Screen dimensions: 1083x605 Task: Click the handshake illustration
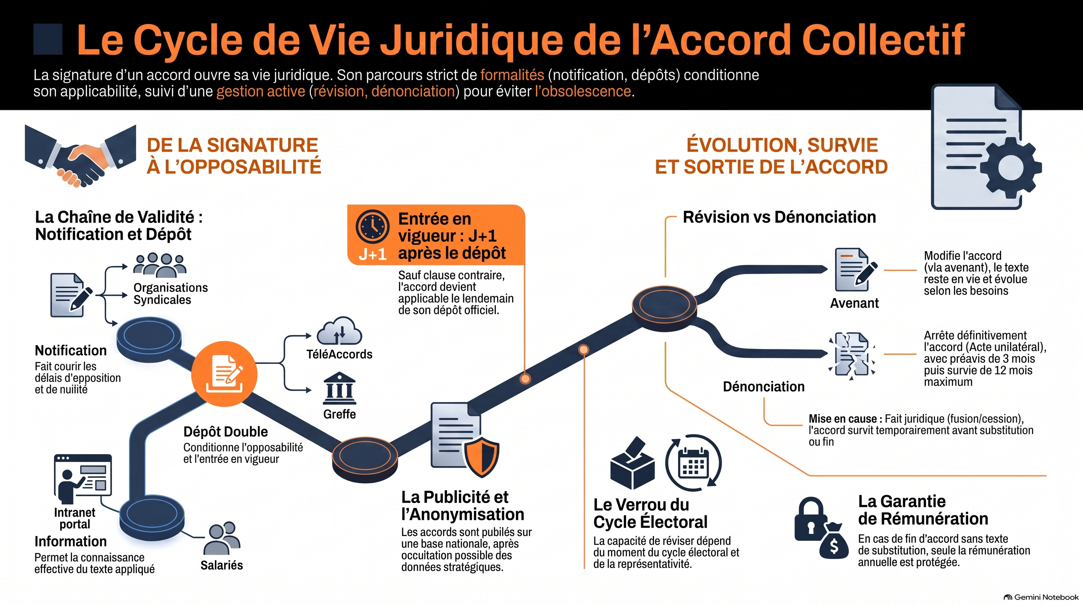tap(80, 156)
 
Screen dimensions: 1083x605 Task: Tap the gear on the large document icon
tap(1011, 167)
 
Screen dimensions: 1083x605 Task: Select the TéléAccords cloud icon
tap(339, 331)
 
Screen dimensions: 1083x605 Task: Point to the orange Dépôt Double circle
tap(224, 374)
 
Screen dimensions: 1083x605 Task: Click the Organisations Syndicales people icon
tap(160, 265)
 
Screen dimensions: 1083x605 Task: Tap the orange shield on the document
tap(481, 457)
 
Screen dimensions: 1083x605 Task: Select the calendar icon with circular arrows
tap(693, 463)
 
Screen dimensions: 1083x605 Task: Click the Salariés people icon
tap(222, 538)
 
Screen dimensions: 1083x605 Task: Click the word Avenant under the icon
tap(854, 303)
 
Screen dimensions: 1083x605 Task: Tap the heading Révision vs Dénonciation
tap(779, 217)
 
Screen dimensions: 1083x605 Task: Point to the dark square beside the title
tap(48, 39)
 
